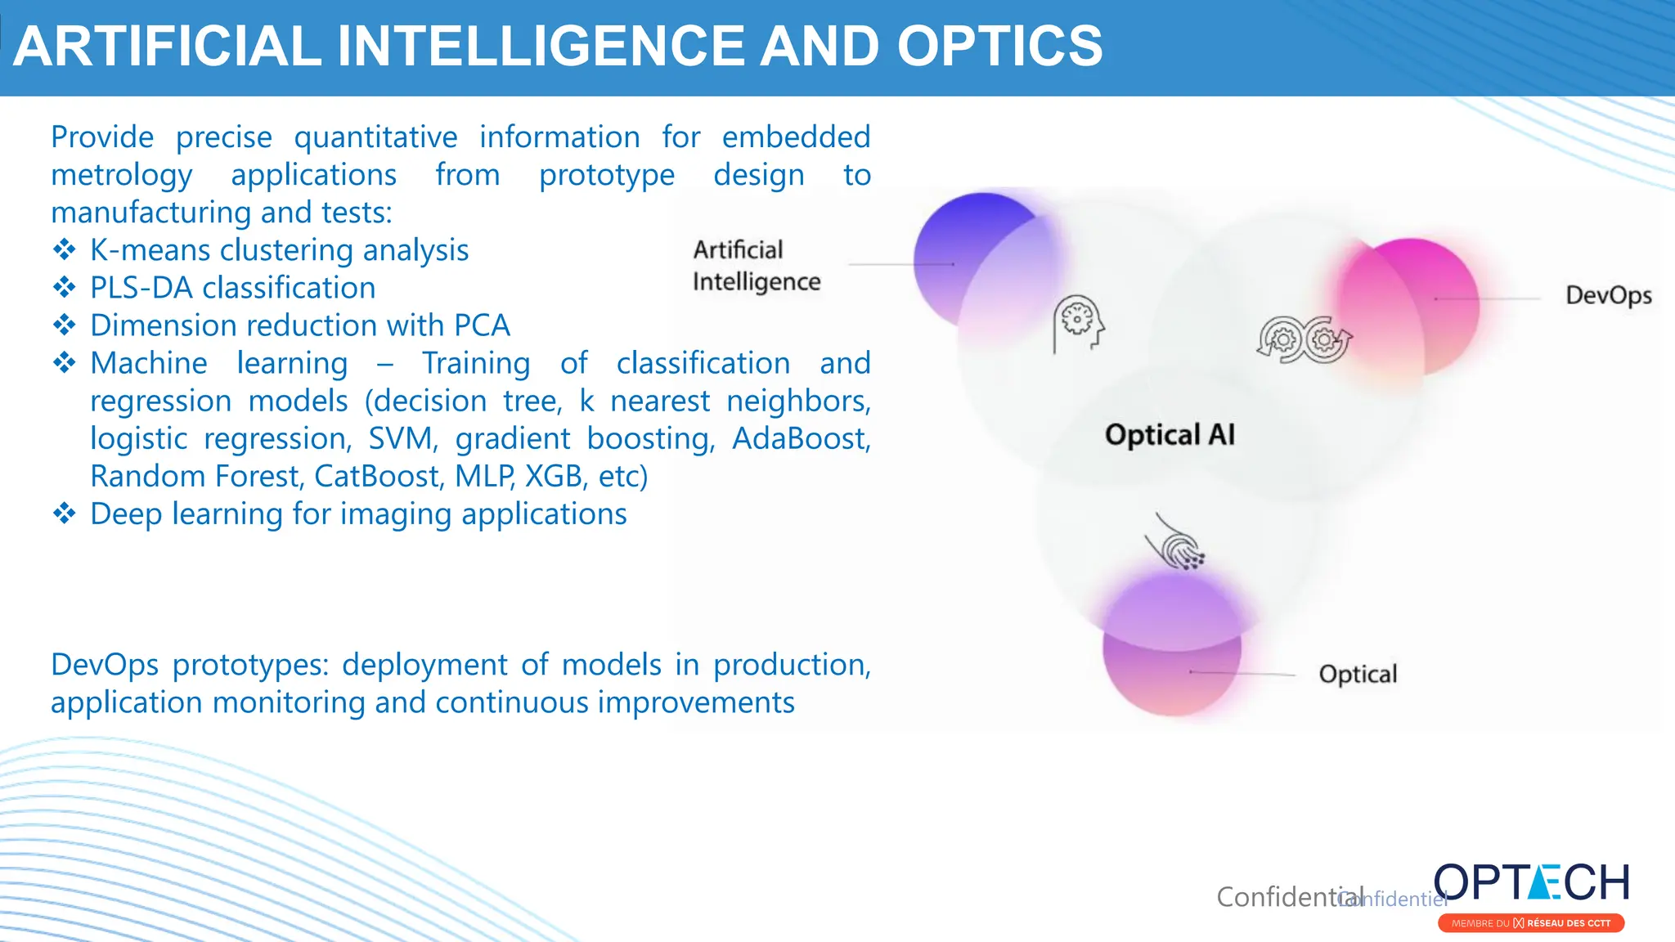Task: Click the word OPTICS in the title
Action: tap(999, 46)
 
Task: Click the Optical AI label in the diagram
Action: tap(1170, 434)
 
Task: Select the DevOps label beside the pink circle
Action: tap(1608, 295)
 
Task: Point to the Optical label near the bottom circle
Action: tap(1358, 674)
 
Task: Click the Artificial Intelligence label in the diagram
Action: tap(756, 266)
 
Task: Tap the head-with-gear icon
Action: tap(1078, 324)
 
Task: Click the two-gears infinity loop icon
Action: tap(1305, 339)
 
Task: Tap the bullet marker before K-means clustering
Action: tap(64, 249)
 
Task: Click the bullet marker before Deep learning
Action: tap(64, 514)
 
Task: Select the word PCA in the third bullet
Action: tap(482, 325)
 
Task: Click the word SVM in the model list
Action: tap(400, 438)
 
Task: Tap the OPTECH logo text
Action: tap(1531, 884)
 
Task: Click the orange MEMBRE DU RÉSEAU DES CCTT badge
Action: tap(1530, 923)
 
